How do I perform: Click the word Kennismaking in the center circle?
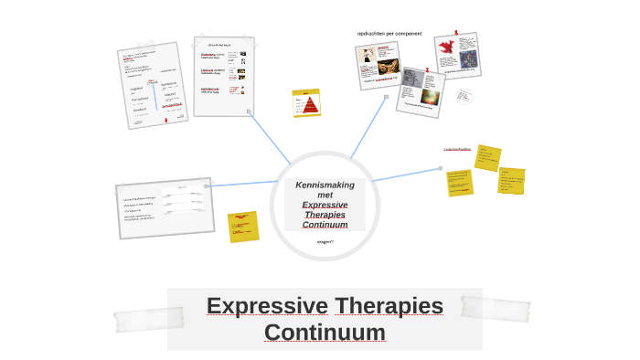pyautogui.click(x=325, y=185)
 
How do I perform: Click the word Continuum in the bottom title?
pyautogui.click(x=325, y=332)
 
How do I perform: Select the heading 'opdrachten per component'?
pyautogui.click(x=389, y=34)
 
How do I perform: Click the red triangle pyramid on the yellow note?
pyautogui.click(x=305, y=103)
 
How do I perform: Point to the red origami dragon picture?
pyautogui.click(x=446, y=48)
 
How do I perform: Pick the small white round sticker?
pyautogui.click(x=465, y=96)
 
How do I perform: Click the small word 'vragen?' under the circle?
pyautogui.click(x=325, y=241)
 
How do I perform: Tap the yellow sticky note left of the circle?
pyautogui.click(x=243, y=226)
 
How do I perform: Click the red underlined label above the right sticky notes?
pyautogui.click(x=457, y=149)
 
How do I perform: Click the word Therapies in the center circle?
pyautogui.click(x=325, y=215)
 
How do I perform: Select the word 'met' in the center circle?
pyautogui.click(x=325, y=195)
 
